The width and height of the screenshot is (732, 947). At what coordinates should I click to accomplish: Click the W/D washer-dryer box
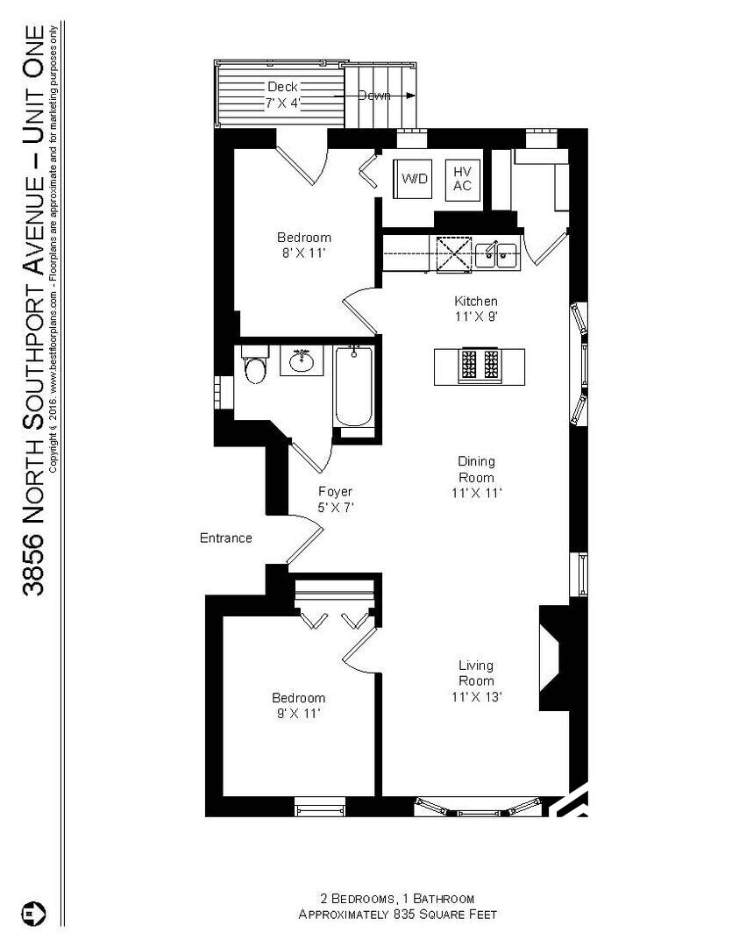(415, 179)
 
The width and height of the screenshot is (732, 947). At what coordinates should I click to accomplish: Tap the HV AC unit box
(462, 179)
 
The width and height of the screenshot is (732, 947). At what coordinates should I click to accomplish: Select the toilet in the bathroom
(255, 368)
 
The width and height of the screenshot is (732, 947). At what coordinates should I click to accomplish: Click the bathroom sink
(302, 360)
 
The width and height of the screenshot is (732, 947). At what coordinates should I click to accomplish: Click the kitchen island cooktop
(480, 365)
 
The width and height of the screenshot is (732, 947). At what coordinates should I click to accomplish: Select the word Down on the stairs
(374, 96)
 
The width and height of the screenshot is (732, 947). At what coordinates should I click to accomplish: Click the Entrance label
(226, 538)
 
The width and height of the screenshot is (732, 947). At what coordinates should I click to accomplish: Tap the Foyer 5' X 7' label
(335, 499)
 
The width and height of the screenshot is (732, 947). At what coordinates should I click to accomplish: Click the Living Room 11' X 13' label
(476, 681)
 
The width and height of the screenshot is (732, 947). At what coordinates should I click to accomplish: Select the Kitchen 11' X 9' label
(476, 309)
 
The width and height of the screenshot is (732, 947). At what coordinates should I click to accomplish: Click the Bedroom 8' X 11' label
(304, 245)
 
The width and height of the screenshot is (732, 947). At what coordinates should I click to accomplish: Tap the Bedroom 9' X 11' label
(298, 705)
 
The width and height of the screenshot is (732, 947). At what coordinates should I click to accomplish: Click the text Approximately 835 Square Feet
(397, 915)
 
